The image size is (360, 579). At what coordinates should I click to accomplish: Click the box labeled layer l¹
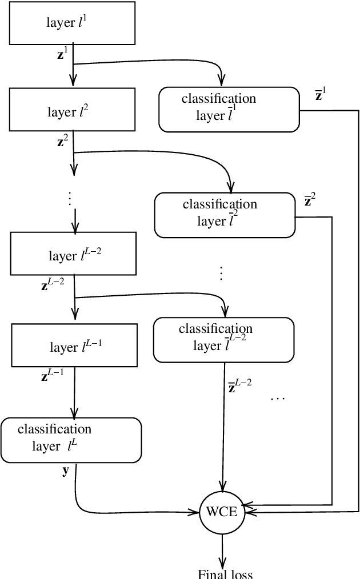[x=72, y=23]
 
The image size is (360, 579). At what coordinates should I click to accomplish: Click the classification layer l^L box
[x=71, y=439]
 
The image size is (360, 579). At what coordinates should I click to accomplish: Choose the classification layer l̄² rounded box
[x=224, y=214]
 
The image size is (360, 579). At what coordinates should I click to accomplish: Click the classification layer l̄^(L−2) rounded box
[x=224, y=339]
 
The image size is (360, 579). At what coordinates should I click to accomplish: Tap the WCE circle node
[x=222, y=512]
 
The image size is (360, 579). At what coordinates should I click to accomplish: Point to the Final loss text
[x=225, y=574]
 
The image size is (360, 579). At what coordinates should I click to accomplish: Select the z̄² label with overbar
[x=310, y=200]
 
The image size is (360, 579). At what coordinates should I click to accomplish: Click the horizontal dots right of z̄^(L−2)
[x=277, y=399]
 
